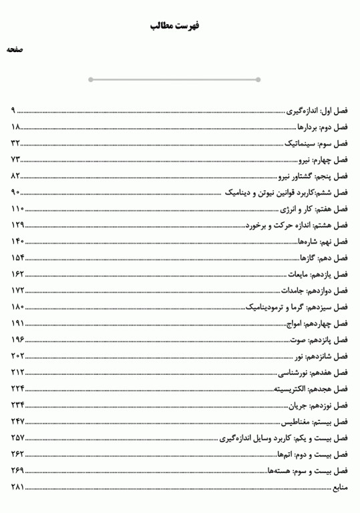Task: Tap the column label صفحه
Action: (15, 51)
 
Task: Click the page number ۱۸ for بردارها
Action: (17, 127)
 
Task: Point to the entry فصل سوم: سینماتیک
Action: (316, 144)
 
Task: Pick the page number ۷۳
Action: (17, 160)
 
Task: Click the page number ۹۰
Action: (17, 192)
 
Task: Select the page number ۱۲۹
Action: (18, 225)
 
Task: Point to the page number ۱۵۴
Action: (18, 258)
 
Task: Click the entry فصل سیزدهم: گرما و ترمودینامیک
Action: (298, 307)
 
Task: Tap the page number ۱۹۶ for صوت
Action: (18, 339)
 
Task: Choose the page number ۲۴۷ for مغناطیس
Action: (18, 421)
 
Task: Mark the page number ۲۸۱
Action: (18, 486)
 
